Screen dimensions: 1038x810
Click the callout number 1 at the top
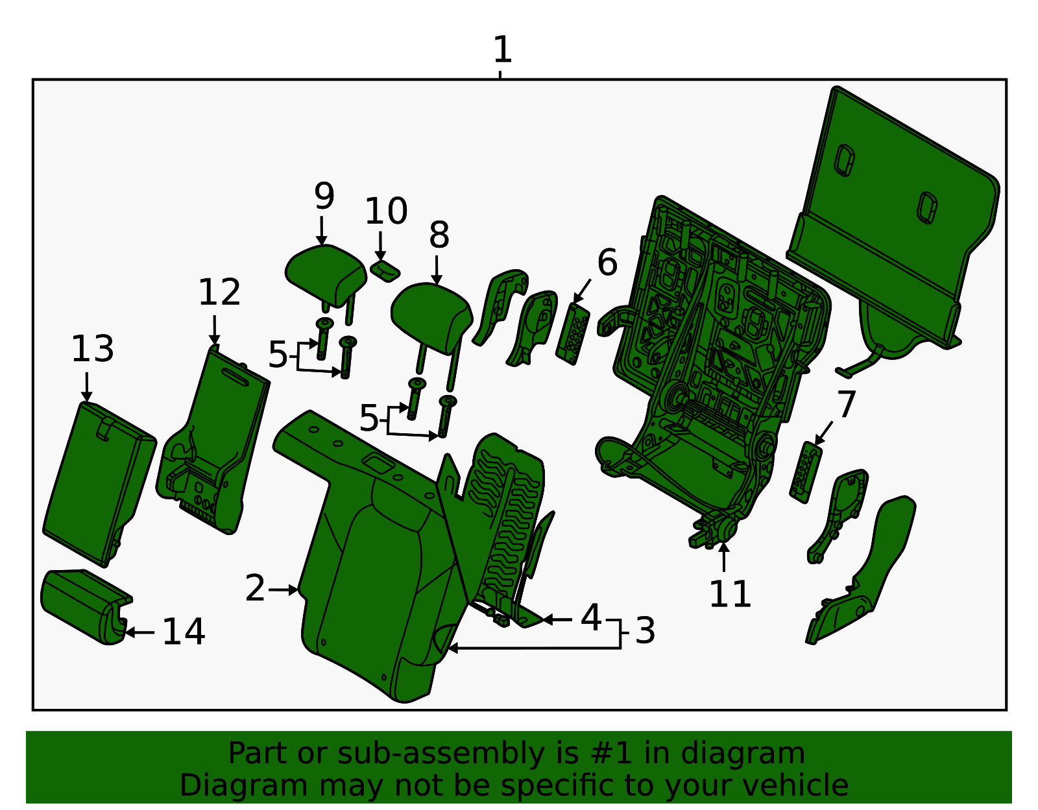click(x=502, y=50)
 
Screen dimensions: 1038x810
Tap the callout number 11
click(x=730, y=593)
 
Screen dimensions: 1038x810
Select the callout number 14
click(x=184, y=632)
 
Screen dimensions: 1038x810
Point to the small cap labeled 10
click(x=385, y=270)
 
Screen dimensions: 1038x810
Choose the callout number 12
click(x=219, y=292)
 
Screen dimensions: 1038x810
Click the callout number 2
click(x=255, y=589)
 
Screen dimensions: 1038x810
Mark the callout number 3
click(x=644, y=631)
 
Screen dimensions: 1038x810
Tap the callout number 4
click(x=590, y=618)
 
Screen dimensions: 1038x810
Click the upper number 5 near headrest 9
click(x=278, y=355)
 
